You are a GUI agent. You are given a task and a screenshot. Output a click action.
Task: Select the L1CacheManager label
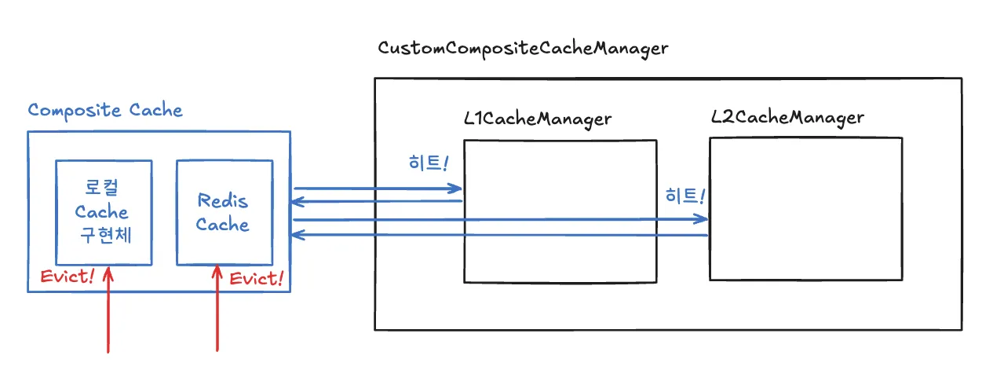pos(538,119)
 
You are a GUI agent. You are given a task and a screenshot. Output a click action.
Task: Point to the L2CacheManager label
pos(787,118)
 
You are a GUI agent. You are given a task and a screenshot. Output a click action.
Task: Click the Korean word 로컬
pos(101,187)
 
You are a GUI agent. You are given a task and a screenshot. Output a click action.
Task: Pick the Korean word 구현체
pos(105,234)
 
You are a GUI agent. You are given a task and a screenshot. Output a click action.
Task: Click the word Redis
pos(222,200)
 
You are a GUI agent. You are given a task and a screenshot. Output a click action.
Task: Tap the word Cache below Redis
pos(222,225)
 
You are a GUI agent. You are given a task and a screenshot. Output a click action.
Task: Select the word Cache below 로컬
pos(101,212)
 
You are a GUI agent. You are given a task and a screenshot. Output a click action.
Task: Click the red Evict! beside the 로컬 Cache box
pos(67,277)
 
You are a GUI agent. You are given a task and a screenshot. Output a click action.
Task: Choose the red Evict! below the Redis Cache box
pos(256,279)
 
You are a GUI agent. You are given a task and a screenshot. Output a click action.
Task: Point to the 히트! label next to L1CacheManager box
pos(429,163)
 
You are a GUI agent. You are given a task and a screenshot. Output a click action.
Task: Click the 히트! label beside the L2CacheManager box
pos(685,196)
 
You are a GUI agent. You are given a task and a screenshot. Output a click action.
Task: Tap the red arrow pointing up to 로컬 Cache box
pos(108,310)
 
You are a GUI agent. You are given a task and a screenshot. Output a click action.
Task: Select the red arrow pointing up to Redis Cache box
pos(217,308)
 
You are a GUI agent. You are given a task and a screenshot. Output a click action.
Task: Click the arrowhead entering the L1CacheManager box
pos(456,189)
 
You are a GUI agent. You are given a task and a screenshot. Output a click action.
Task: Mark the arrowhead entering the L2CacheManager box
pos(701,218)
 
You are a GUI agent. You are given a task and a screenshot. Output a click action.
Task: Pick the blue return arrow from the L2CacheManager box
pos(499,235)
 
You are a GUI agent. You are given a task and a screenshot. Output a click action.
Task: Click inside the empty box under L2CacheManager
pos(806,209)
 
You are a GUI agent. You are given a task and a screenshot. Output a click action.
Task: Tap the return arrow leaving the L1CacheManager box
pos(376,202)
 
